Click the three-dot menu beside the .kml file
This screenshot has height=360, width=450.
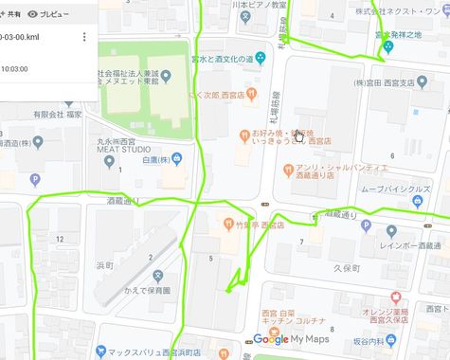84,37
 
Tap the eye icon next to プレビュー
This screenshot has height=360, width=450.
33,14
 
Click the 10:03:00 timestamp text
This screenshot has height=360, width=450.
14,68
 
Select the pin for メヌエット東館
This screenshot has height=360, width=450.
166,76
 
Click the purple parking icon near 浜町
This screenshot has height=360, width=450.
35,179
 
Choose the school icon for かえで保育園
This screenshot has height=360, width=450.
158,276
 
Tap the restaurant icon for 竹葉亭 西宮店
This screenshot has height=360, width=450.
227,225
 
